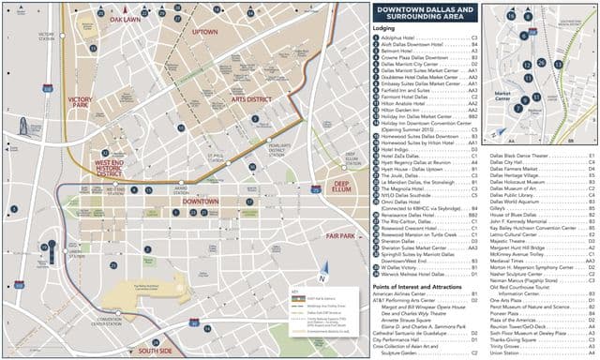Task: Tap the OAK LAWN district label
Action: click(124, 19)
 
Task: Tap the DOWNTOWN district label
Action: click(201, 202)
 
